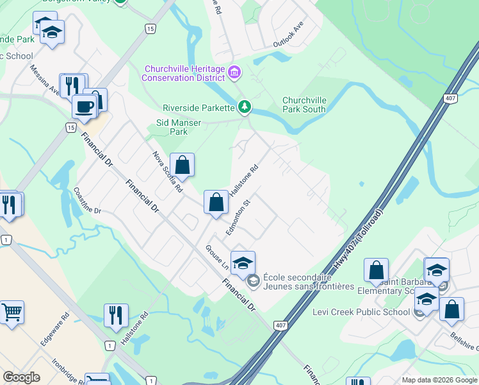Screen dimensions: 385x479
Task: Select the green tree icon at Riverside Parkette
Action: pos(243,107)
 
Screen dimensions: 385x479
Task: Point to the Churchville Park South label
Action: pos(304,105)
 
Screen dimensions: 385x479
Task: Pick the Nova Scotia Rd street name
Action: pos(167,172)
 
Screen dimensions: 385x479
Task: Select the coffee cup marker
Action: pos(84,106)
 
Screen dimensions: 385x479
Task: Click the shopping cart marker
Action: pos(11,312)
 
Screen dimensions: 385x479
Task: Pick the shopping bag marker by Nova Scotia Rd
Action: pos(183,165)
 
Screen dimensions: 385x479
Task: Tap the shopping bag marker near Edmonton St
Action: pos(216,202)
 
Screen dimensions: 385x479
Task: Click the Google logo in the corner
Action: pos(21,377)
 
